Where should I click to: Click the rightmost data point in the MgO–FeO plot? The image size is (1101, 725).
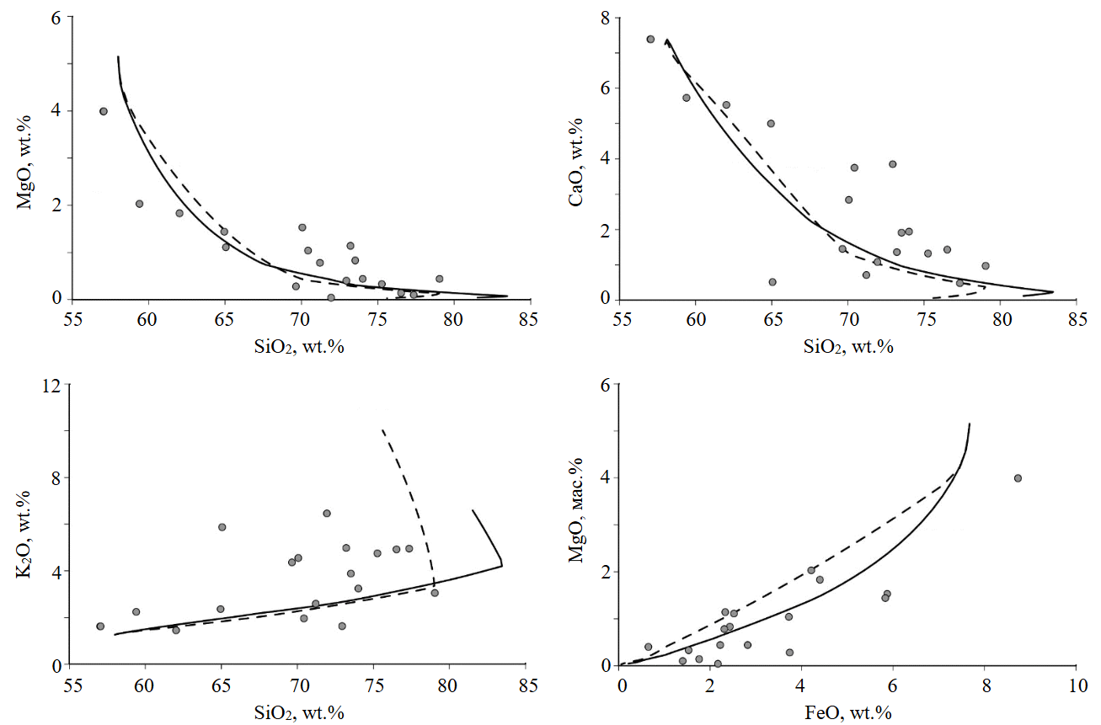1018,478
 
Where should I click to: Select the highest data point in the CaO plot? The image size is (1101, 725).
650,39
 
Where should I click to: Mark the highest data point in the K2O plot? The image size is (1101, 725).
327,513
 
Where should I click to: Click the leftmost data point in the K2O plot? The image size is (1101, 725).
100,626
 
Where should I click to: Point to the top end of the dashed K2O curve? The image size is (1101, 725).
382,429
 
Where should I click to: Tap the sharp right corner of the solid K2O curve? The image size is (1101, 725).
502,564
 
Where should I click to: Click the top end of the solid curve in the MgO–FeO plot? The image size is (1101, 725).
970,424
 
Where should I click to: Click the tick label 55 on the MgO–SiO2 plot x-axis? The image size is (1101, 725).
72,320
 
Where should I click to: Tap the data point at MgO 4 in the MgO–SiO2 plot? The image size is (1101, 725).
104,111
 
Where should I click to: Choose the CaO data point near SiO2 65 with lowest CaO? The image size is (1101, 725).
772,282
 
